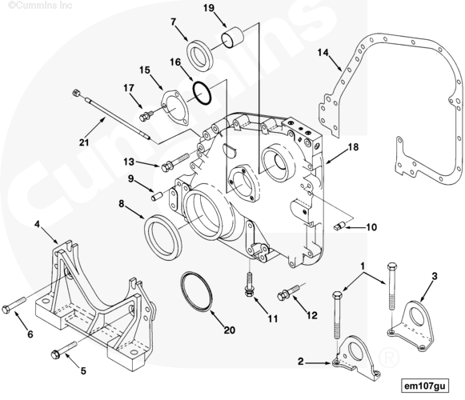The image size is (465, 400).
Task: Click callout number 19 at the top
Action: click(x=208, y=9)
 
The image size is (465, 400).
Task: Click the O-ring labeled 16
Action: click(x=202, y=92)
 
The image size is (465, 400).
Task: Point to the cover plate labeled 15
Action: click(x=170, y=107)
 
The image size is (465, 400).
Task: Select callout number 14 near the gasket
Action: click(x=323, y=54)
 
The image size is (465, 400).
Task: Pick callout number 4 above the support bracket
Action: click(x=38, y=225)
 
